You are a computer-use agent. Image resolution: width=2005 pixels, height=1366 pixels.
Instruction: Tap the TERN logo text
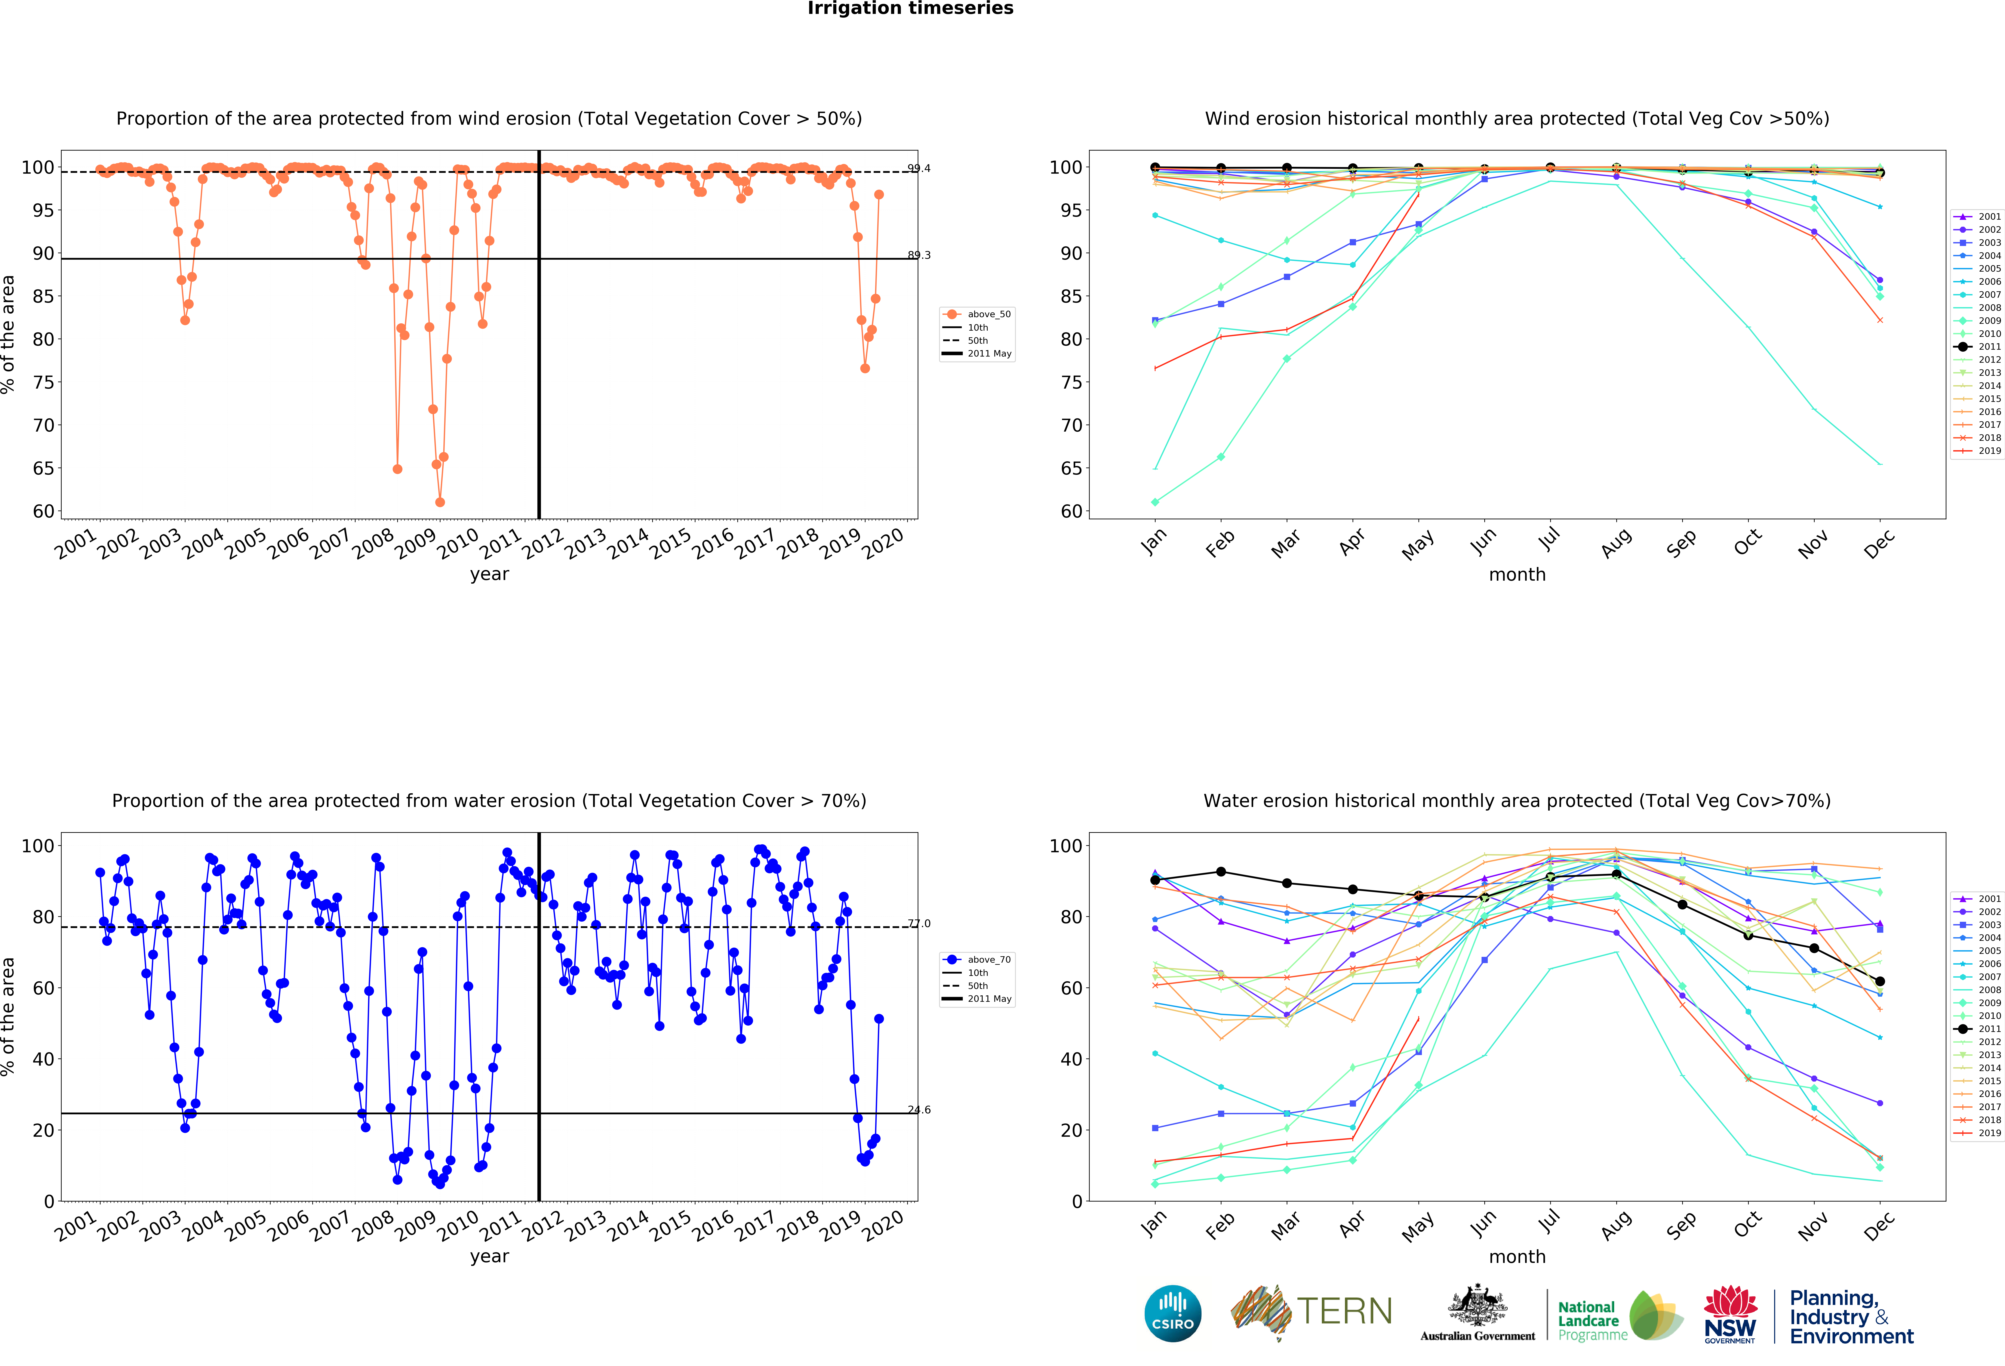(1344, 1312)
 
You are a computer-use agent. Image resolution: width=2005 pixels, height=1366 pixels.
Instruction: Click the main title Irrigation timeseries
(910, 9)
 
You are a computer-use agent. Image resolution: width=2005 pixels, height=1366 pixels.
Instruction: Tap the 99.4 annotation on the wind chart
(919, 168)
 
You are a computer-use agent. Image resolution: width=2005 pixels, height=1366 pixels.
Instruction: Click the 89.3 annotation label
(919, 255)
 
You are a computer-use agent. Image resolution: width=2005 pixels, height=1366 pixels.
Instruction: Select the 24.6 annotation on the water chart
(919, 1110)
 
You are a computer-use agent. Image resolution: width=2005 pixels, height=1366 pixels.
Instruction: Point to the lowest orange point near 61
(440, 502)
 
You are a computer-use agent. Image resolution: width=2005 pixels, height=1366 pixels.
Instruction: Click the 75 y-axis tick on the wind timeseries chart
(43, 382)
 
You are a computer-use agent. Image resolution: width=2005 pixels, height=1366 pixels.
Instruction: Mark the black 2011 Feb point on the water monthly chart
(1221, 872)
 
